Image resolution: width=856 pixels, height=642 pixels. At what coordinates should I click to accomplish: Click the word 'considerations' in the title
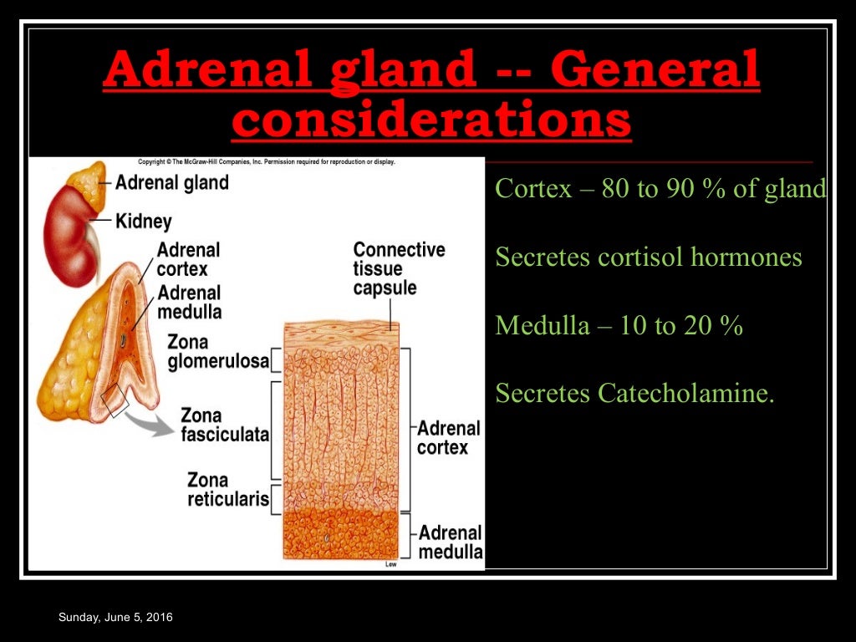(431, 120)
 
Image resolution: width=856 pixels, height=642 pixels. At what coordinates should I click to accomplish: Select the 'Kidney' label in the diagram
(143, 222)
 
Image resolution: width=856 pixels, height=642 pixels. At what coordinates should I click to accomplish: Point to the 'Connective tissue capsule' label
(399, 268)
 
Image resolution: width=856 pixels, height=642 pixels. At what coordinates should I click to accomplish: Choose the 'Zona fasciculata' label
(225, 425)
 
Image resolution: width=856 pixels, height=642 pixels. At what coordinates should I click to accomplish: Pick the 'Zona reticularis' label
(227, 490)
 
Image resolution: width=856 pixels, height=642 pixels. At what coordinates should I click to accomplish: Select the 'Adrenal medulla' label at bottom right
(450, 542)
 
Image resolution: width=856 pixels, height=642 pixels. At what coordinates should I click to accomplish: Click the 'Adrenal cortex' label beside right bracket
(449, 437)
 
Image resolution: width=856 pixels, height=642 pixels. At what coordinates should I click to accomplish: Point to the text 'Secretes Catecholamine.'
(634, 393)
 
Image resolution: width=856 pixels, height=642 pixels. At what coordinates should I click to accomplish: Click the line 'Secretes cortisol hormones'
(648, 257)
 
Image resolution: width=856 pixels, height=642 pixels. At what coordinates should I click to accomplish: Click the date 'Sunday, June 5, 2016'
(115, 617)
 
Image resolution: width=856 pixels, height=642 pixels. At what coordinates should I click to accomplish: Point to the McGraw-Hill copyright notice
(266, 161)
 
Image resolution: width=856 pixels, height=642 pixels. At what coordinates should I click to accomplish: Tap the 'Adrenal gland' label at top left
(171, 182)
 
